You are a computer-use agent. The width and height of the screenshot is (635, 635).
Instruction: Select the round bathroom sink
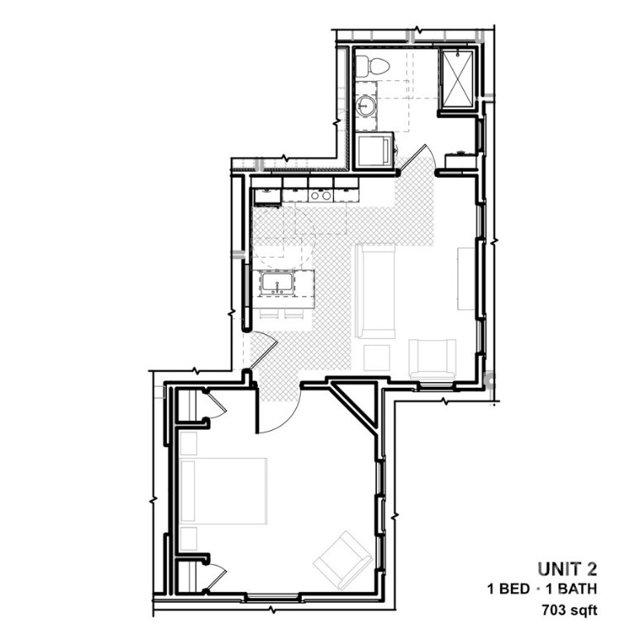(366, 107)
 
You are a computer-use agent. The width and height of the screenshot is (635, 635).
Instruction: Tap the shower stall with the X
(457, 79)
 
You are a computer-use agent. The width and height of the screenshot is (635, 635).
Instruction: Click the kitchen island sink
(278, 283)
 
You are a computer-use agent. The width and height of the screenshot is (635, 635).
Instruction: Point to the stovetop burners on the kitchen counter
(321, 196)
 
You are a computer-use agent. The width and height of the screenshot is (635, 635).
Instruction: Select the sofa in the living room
(375, 290)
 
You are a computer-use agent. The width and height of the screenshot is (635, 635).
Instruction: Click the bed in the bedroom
(223, 491)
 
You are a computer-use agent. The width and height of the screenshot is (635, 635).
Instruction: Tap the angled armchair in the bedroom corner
(343, 560)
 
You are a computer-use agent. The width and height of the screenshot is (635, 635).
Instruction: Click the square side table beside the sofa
(377, 357)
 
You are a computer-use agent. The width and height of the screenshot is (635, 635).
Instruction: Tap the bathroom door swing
(417, 157)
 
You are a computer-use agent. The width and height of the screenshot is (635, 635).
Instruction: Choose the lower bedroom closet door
(214, 579)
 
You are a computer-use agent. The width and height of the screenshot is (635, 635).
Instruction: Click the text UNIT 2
(567, 569)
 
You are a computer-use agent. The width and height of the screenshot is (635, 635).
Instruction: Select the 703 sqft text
(570, 609)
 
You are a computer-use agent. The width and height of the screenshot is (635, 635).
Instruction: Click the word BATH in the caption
(576, 589)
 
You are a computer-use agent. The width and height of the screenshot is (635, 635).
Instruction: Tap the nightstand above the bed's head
(189, 444)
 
